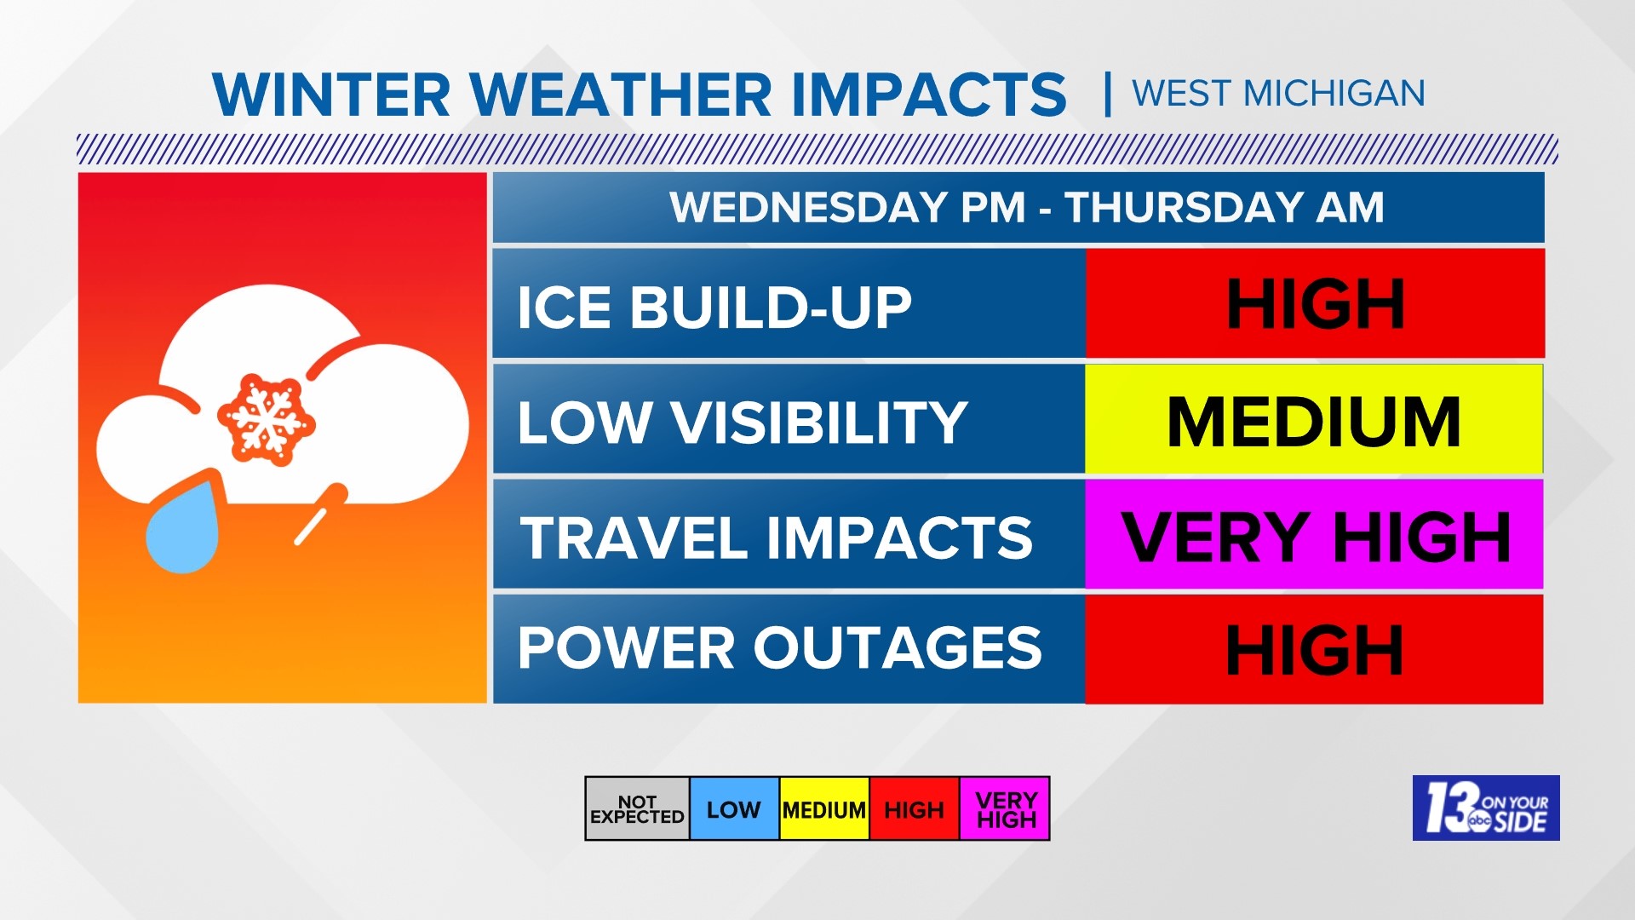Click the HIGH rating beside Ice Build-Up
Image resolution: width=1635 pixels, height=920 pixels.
point(1315,304)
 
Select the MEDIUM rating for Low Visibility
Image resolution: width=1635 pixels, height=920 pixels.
point(1313,420)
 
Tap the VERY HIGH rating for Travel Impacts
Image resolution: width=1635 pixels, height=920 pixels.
point(1314,536)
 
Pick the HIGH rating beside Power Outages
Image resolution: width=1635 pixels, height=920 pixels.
point(1314,650)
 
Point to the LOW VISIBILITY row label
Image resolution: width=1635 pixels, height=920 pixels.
point(742,422)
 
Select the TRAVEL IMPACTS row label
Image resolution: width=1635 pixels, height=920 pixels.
point(776,538)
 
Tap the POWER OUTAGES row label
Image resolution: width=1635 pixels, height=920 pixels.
point(779,648)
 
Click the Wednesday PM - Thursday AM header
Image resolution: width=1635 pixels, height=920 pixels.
point(1026,207)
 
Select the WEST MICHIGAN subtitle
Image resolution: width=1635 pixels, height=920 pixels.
point(1278,93)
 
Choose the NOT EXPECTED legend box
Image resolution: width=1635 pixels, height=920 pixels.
point(637,809)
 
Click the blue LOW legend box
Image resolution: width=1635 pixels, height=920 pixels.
point(734,809)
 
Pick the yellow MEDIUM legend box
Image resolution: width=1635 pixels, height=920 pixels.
point(824,809)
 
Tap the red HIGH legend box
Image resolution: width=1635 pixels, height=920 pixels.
point(914,809)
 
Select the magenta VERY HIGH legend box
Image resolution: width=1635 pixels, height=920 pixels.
point(1005,809)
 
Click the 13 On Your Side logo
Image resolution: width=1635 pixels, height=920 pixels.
point(1486,808)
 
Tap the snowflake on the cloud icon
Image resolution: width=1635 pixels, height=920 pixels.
point(267,419)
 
